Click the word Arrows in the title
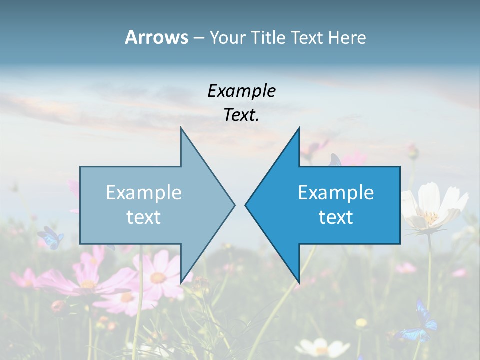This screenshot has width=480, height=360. pos(156,37)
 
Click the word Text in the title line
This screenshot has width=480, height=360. pos(307,37)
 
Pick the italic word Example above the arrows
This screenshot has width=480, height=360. pos(241,91)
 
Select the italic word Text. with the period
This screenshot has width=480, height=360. pos(241,115)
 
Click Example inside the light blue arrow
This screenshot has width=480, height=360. pos(144,192)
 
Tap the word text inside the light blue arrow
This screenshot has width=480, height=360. pos(144,217)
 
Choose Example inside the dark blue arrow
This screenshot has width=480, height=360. pos(336,192)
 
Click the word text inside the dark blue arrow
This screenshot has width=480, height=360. pos(336,217)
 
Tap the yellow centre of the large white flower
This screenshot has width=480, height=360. pos(430,217)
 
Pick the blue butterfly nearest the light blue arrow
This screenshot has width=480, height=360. pos(51,237)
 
